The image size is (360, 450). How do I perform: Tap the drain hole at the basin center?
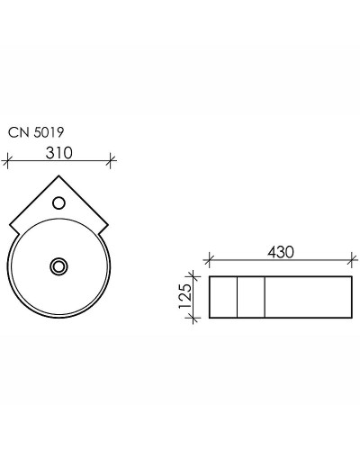tap(59, 265)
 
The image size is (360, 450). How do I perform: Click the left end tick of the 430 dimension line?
tap(210, 262)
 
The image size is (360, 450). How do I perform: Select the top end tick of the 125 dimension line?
tap(192, 277)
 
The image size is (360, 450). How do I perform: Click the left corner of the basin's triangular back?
tap(10, 225)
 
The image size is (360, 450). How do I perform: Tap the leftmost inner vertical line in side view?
tap(237, 297)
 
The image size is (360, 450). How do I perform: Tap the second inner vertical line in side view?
tap(265, 297)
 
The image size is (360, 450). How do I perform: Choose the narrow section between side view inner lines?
tap(251, 297)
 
